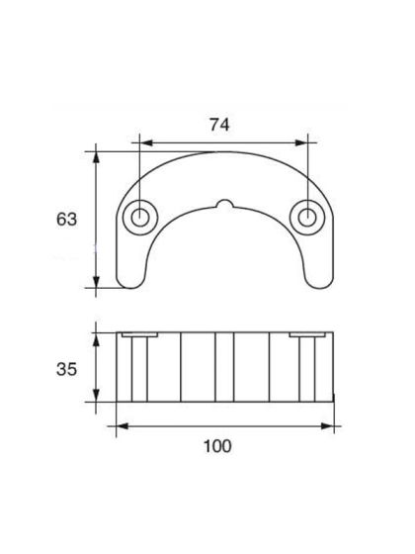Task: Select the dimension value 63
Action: pos(66,219)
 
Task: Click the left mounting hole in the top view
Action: pos(139,216)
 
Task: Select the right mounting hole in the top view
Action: pos(308,216)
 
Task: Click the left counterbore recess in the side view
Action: pos(139,337)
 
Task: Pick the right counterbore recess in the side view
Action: pos(308,337)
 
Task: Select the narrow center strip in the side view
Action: pos(224,367)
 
